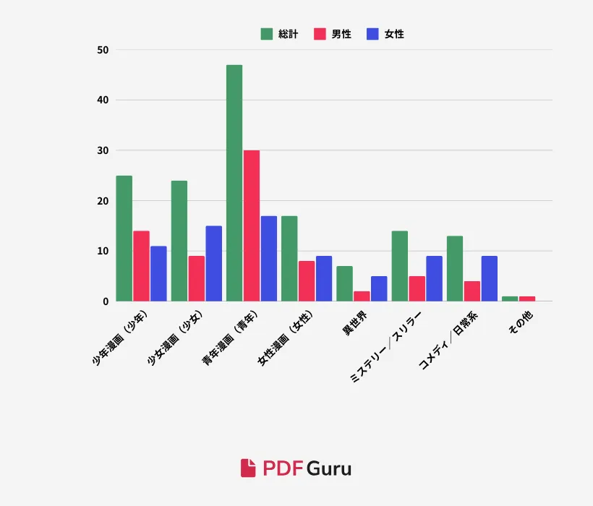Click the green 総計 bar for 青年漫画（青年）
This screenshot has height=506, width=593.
tap(234, 183)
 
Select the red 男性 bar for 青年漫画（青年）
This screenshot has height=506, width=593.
tap(252, 226)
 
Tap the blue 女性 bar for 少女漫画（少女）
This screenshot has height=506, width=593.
tap(213, 263)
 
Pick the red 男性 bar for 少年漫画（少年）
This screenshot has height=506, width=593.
tap(142, 266)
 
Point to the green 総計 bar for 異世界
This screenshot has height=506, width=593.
tap(344, 283)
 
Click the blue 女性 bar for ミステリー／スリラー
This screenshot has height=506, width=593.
tap(434, 278)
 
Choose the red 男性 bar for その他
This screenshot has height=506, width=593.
tap(527, 299)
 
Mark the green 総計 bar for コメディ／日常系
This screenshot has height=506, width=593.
tap(455, 269)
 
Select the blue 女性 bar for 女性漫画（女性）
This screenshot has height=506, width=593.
tap(324, 278)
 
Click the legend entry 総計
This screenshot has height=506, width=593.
tap(279, 34)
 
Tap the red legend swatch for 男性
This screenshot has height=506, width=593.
tap(320, 34)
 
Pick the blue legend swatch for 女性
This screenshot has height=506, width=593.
tap(372, 34)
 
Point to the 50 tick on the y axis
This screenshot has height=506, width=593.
tap(103, 50)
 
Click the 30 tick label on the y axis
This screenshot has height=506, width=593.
tap(103, 150)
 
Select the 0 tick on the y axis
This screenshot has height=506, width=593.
tap(106, 301)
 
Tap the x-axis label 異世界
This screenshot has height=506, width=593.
tap(354, 323)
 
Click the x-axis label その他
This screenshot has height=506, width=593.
tap(521, 322)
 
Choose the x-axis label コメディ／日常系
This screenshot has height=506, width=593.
tap(448, 340)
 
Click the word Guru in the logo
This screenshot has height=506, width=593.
tap(329, 468)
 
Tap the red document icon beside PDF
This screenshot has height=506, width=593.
tap(248, 468)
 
